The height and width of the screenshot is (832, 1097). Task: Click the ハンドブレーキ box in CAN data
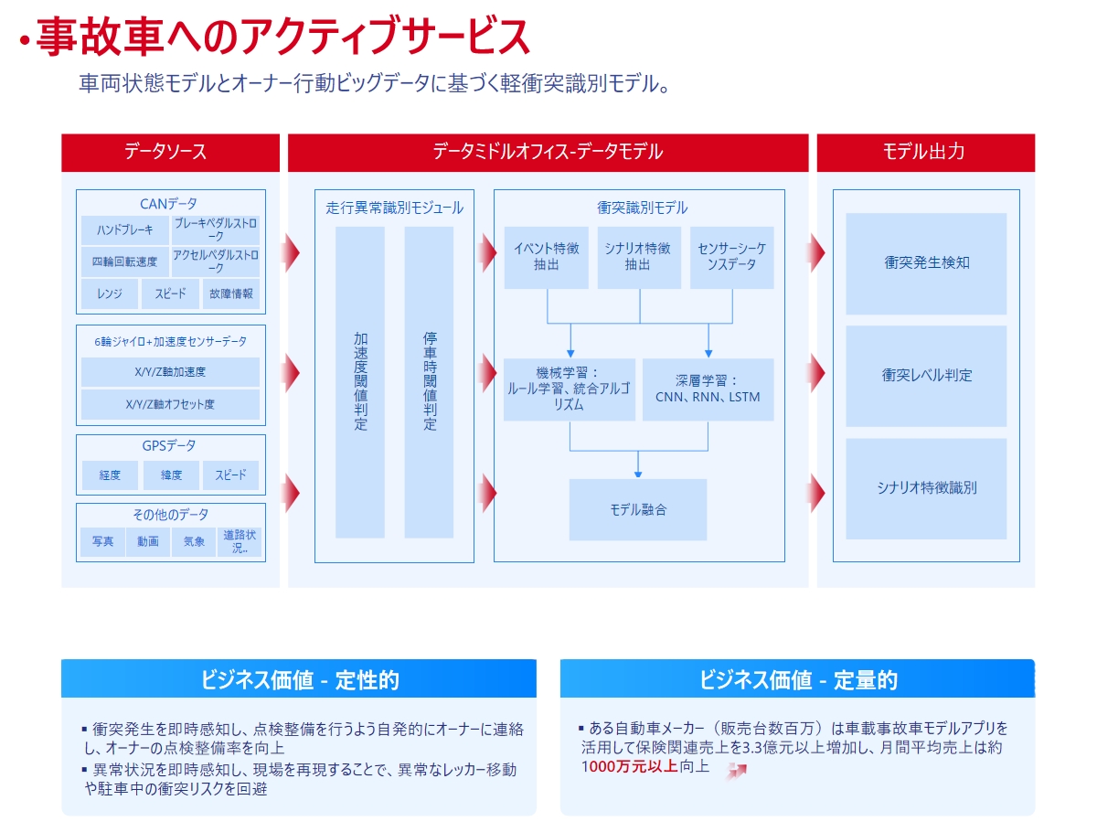tap(124, 229)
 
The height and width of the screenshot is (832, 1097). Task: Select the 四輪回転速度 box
tap(124, 261)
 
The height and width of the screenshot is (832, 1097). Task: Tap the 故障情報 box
tap(230, 293)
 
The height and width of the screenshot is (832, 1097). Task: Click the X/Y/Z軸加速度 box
tap(170, 371)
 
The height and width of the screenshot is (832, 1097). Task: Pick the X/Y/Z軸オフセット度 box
tap(170, 404)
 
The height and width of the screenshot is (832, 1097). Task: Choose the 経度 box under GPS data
tap(110, 475)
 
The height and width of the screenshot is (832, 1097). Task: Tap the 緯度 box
tap(171, 475)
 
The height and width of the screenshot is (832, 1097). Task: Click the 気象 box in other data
tap(194, 541)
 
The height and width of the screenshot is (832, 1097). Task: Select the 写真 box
tap(102, 541)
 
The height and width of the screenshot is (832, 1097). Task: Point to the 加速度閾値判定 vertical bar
tap(360, 382)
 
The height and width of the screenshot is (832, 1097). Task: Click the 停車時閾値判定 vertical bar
tap(429, 382)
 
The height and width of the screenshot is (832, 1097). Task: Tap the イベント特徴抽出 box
tap(546, 257)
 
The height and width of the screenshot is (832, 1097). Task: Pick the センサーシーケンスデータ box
tap(731, 257)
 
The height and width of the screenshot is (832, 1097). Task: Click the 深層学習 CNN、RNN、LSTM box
tap(708, 389)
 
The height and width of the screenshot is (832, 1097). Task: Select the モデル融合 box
tap(638, 509)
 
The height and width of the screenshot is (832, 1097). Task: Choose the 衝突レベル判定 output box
tap(925, 375)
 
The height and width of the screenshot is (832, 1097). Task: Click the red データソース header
tap(170, 152)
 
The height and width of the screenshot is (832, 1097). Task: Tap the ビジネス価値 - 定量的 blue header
tap(797, 677)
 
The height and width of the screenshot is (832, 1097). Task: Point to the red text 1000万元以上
tap(629, 766)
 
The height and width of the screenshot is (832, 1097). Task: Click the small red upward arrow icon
tap(737, 771)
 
